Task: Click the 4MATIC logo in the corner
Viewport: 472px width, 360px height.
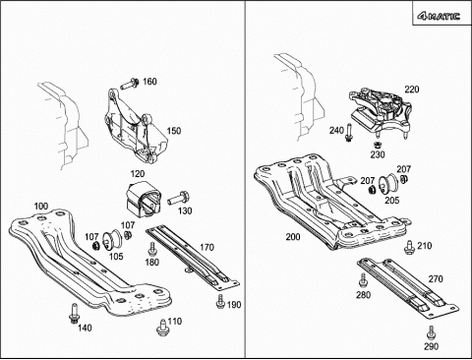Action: tap(439, 16)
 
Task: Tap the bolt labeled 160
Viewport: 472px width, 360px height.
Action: tap(130, 84)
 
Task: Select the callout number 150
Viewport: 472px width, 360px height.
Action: tap(174, 131)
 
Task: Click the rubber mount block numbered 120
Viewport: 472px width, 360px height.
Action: tap(144, 199)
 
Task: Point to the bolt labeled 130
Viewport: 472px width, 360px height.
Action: tap(179, 199)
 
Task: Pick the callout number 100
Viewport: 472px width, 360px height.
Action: tap(41, 207)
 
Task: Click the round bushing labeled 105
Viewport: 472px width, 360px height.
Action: tap(112, 239)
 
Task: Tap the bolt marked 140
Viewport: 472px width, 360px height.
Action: tap(74, 313)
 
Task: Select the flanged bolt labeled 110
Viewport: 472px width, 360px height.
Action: tap(161, 328)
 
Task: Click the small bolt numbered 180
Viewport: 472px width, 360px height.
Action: tap(152, 249)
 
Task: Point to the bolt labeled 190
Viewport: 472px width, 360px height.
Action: tap(220, 301)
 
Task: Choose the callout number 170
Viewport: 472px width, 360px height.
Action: tap(206, 247)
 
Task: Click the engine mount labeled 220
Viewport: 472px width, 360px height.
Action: tap(380, 111)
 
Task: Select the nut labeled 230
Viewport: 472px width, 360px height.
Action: tap(378, 145)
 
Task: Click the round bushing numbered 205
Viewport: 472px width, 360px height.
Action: tap(388, 184)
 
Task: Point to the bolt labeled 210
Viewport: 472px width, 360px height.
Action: tap(409, 247)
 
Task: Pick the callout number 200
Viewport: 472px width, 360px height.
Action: tap(293, 237)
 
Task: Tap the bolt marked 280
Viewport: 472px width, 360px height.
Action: tap(363, 279)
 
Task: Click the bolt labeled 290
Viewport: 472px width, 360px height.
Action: tap(431, 332)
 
